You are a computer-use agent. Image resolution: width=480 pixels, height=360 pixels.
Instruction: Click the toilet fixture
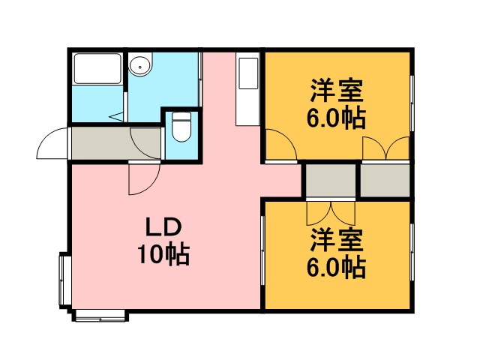tap(181, 127)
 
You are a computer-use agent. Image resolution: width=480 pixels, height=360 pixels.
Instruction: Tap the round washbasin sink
tap(140, 65)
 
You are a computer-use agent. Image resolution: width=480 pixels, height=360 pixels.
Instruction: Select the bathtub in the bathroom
tap(97, 68)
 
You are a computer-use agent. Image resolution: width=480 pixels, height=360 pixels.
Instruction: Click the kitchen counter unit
tap(248, 88)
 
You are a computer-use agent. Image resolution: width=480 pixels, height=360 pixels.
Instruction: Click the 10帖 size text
tap(164, 254)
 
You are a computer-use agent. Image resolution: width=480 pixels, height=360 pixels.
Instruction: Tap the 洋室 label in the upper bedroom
tap(337, 91)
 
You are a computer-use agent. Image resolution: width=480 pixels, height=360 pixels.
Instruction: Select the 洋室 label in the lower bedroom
tap(337, 240)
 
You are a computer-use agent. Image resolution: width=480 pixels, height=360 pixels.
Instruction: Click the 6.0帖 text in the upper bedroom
tap(336, 118)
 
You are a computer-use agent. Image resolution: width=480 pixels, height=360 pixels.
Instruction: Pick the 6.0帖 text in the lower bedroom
tap(336, 267)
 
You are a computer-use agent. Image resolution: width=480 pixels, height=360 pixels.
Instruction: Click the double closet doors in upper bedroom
tap(386, 148)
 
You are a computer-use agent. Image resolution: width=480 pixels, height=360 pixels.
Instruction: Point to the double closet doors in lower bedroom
tap(331, 213)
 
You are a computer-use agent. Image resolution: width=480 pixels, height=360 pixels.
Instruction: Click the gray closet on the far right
tap(385, 181)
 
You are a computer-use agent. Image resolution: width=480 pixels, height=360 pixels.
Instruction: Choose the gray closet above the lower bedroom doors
tap(331, 181)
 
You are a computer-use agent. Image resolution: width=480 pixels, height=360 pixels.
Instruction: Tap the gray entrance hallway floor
tap(116, 143)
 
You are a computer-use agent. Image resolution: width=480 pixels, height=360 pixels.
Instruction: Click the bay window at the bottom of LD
tap(100, 316)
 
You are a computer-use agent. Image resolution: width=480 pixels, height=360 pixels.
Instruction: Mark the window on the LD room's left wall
tap(65, 280)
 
